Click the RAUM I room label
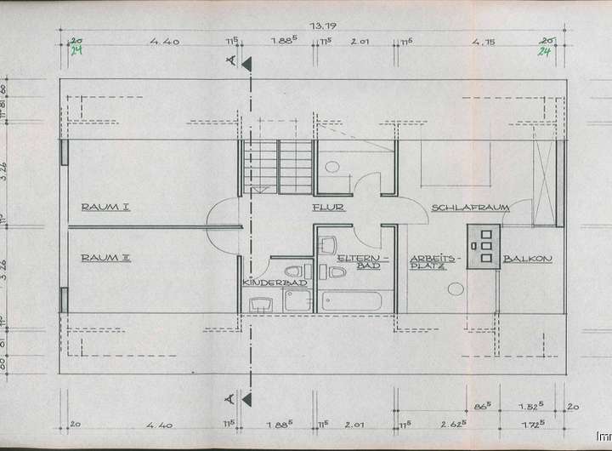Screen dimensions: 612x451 105,207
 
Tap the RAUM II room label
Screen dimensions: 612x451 105,257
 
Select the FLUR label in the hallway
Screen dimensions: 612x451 328,208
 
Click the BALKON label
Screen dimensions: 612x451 528,259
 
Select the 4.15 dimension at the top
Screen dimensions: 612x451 484,40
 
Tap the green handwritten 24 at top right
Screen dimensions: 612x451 544,51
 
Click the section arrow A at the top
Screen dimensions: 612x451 246,63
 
